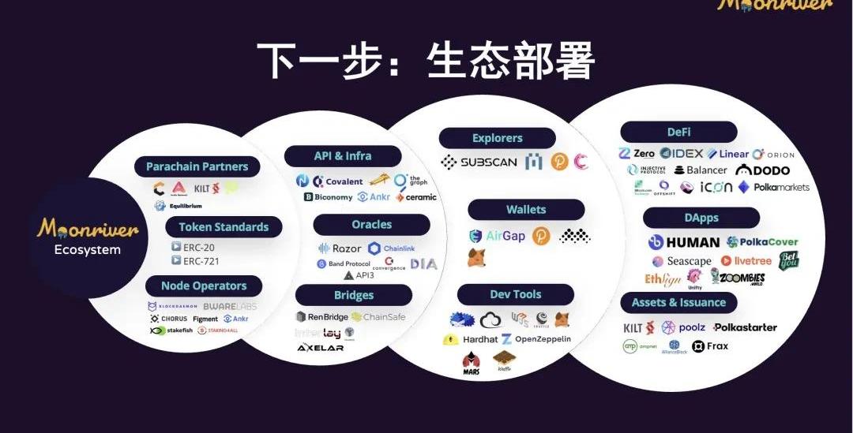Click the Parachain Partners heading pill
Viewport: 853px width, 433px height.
[x=197, y=166]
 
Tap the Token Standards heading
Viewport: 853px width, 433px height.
[x=224, y=227]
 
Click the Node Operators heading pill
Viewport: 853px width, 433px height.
[x=204, y=286]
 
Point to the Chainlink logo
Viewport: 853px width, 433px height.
[x=391, y=248]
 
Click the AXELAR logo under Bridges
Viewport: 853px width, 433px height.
[x=320, y=348]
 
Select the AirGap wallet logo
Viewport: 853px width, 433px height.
[x=497, y=236]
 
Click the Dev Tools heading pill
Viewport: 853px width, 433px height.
[x=516, y=294]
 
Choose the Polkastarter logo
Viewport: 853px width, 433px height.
[x=745, y=327]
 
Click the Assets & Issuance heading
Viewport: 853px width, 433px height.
[x=678, y=303]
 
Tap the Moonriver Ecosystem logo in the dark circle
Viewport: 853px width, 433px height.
[x=88, y=237]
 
